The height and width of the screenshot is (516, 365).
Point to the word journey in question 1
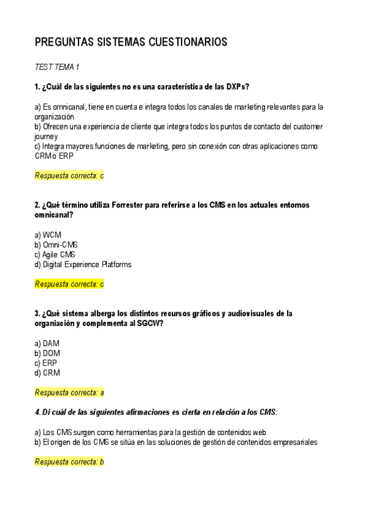(46, 137)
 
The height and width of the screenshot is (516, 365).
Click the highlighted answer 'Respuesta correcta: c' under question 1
(69, 176)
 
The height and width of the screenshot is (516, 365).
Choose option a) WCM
(48, 235)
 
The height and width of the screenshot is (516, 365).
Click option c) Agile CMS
(55, 254)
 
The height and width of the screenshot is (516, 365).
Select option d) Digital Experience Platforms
(83, 265)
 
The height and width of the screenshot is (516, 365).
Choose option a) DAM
(47, 343)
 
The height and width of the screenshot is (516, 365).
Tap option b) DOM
(47, 353)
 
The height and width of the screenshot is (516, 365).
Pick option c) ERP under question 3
(46, 363)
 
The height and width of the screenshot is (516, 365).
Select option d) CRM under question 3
(47, 373)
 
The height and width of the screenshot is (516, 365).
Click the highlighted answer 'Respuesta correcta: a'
(69, 392)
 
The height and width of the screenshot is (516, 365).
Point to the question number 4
(37, 412)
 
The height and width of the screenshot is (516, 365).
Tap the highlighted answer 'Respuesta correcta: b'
(69, 462)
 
